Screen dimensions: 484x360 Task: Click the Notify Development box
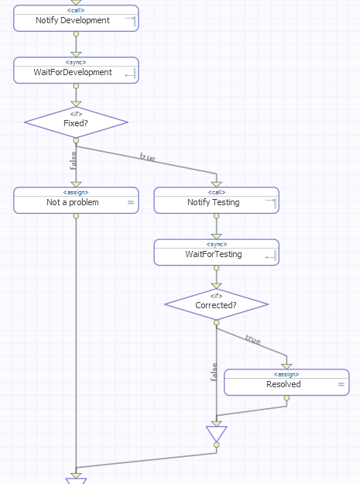coord(75,19)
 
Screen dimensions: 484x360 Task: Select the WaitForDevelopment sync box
coord(75,71)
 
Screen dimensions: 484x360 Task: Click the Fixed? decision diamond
coord(76,122)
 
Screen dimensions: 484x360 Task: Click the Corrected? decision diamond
coord(216,304)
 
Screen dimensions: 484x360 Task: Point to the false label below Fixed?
coord(74,160)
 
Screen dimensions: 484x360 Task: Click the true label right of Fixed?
coord(147,157)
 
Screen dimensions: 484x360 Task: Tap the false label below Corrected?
coord(214,372)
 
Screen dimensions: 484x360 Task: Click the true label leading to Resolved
coord(252,339)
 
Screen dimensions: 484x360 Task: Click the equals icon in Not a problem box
coord(130,203)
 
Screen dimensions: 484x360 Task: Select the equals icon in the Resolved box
coord(341,384)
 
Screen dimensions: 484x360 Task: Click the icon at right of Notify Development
coord(130,21)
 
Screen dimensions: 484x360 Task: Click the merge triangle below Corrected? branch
coord(216,433)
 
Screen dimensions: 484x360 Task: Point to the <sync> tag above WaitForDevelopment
coord(76,62)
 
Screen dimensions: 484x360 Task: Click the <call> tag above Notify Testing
coord(216,192)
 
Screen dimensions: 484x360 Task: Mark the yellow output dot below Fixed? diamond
coord(76,140)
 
